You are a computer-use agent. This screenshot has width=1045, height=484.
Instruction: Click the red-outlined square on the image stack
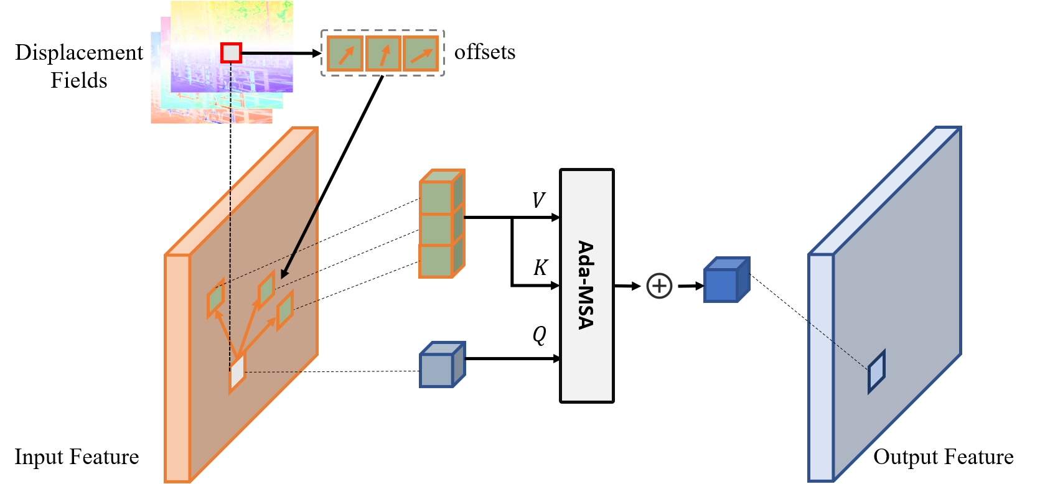pos(231,53)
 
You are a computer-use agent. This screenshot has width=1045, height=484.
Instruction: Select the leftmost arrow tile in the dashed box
pos(345,54)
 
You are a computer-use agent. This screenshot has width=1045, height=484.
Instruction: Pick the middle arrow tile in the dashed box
pos(383,54)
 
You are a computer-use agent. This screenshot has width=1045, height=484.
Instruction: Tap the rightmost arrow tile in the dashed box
pos(421,54)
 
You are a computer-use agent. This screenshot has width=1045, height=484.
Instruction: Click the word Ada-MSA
pos(586,285)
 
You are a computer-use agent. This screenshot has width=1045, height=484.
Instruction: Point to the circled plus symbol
pos(659,286)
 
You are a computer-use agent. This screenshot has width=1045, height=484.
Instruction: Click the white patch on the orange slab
pos(237,373)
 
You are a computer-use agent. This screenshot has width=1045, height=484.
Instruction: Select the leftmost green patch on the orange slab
pos(215,299)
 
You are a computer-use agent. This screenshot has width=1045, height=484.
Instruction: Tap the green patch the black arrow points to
pos(266,289)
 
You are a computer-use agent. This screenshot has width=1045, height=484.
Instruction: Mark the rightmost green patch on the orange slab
pos(285,310)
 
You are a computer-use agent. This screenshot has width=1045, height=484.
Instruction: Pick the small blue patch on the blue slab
pos(876,372)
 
